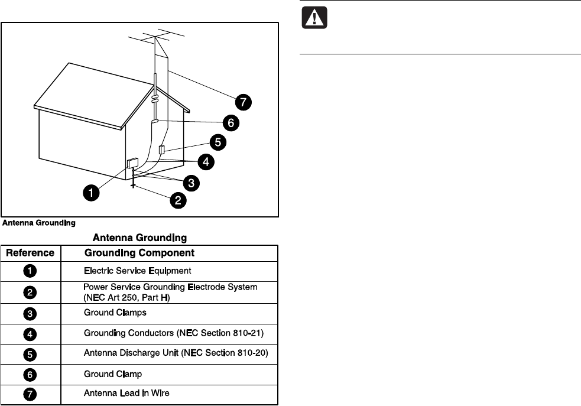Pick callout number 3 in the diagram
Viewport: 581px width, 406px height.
point(189,183)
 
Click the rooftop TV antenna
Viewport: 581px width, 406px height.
point(155,38)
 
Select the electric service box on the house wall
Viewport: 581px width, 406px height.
point(133,163)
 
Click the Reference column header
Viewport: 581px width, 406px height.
point(30,253)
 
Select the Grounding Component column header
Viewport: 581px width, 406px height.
point(139,253)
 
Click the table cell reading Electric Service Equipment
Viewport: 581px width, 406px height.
point(137,271)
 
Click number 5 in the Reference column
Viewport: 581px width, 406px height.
point(30,354)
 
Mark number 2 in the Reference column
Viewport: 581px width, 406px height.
point(30,292)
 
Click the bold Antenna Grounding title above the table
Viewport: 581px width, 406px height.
point(139,238)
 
